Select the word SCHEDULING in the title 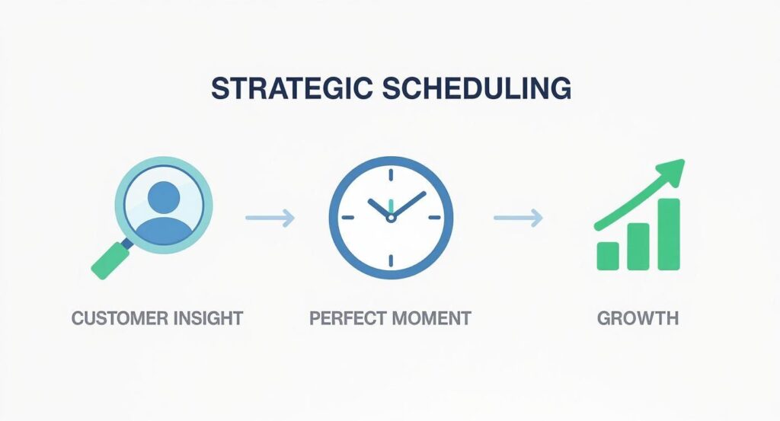[x=474, y=88]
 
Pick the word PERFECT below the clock [x=347, y=317]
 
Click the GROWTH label [x=638, y=317]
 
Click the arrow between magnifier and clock [x=270, y=219]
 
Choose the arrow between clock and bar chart [x=518, y=219]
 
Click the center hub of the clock [x=391, y=218]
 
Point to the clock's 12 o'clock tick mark [x=391, y=175]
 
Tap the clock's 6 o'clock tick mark [x=391, y=260]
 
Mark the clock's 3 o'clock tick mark [x=434, y=218]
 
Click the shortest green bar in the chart [x=609, y=256]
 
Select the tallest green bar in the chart [x=668, y=234]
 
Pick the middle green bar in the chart [x=638, y=246]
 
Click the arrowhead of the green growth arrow [x=674, y=169]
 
